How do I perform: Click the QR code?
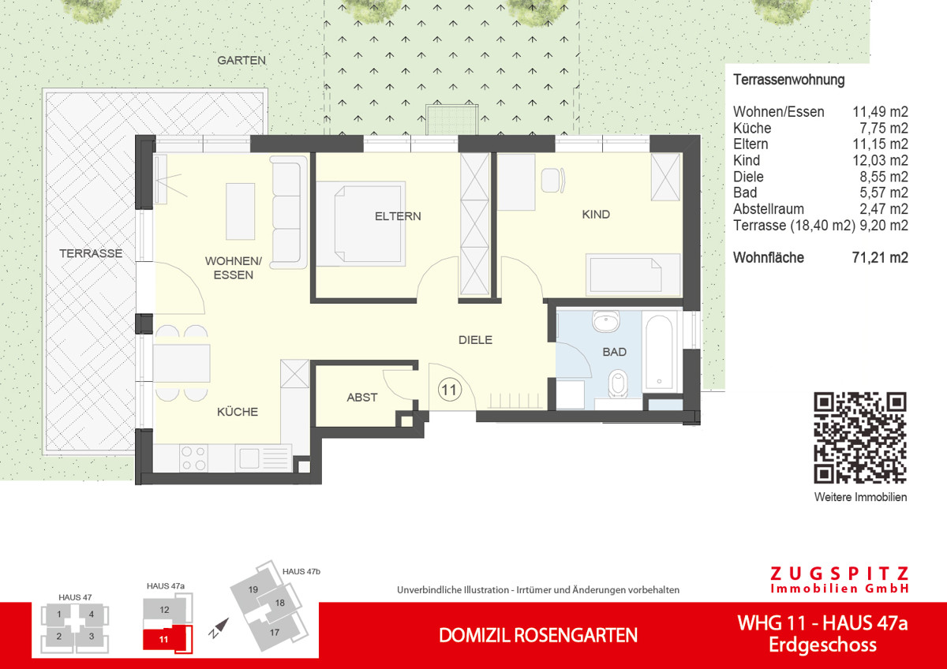tap(860, 437)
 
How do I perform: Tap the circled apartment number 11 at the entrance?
tap(450, 388)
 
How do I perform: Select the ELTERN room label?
tap(398, 216)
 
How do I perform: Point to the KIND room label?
tap(596, 215)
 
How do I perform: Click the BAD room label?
tap(615, 352)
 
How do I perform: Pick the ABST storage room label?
tap(362, 398)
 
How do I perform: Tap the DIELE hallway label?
tap(476, 340)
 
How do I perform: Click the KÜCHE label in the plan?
tap(238, 412)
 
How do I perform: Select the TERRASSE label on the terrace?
tap(92, 253)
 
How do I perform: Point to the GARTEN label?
tap(241, 60)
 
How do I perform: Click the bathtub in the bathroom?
tap(661, 353)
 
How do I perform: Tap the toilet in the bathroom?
tap(617, 383)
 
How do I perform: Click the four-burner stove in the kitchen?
tap(194, 458)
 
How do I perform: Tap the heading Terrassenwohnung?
tap(788, 80)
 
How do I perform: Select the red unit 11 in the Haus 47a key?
tap(163, 639)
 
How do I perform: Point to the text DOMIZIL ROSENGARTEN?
tap(538, 635)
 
